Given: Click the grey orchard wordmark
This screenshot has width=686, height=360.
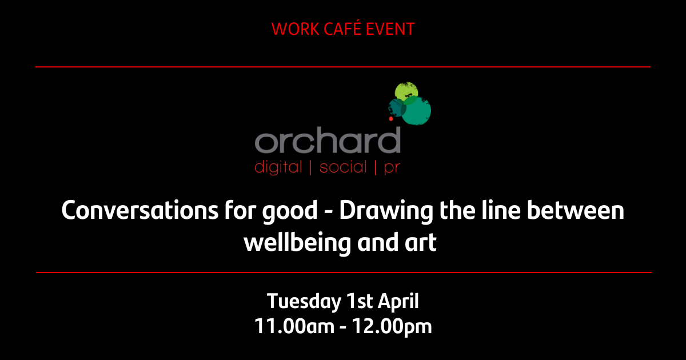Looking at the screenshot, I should tap(328, 142).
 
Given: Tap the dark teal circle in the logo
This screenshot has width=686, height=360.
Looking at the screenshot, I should tap(397, 106).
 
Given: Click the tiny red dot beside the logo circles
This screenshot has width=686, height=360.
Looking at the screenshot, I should tap(390, 119).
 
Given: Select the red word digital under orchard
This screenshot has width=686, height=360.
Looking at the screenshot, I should tap(277, 168).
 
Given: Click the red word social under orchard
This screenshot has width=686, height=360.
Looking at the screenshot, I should tap(343, 168).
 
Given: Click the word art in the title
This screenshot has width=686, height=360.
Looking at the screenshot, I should tap(422, 243).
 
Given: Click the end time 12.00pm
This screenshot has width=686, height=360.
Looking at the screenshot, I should tap(392, 327).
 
